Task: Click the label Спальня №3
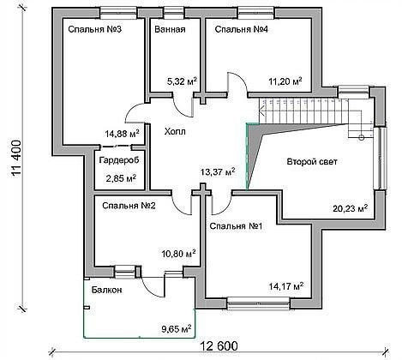[95, 29]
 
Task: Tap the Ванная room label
[170, 29]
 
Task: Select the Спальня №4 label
[242, 29]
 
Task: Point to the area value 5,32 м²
[182, 81]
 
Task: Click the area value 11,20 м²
[285, 81]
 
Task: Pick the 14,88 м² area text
[122, 134]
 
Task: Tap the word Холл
[175, 132]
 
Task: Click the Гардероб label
[119, 160]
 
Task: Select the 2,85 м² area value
[121, 178]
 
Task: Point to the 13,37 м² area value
[218, 172]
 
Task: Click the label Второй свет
[312, 162]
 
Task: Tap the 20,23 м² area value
[351, 208]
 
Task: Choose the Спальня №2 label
[129, 206]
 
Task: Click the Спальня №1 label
[236, 226]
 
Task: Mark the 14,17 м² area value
[286, 286]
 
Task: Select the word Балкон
[107, 290]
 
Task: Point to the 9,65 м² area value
[177, 329]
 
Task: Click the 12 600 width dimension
[219, 346]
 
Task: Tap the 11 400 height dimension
[16, 158]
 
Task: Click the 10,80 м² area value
[178, 254]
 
